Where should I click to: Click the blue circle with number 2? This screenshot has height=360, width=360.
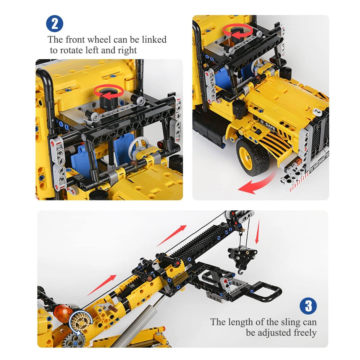pyautogui.click(x=55, y=24)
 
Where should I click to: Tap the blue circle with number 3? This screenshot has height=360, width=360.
pyautogui.click(x=308, y=306)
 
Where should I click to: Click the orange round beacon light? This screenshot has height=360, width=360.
pyautogui.click(x=61, y=311)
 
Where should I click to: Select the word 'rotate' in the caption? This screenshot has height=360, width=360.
pyautogui.click(x=71, y=50)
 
